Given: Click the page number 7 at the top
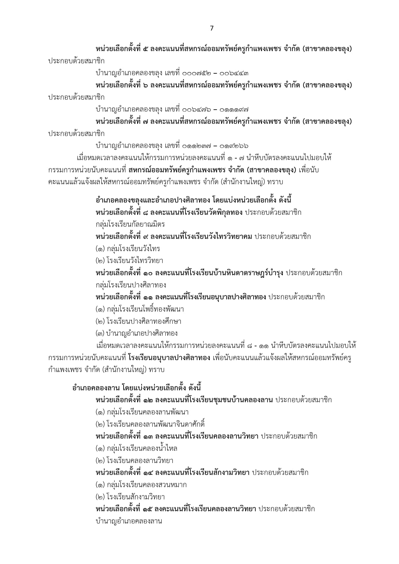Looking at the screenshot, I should coord(211,28).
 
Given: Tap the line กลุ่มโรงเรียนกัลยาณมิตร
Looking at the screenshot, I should coord(130,224).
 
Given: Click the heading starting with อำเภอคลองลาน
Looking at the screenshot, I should coord(137,388).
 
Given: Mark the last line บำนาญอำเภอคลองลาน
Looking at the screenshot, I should coord(129,521).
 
